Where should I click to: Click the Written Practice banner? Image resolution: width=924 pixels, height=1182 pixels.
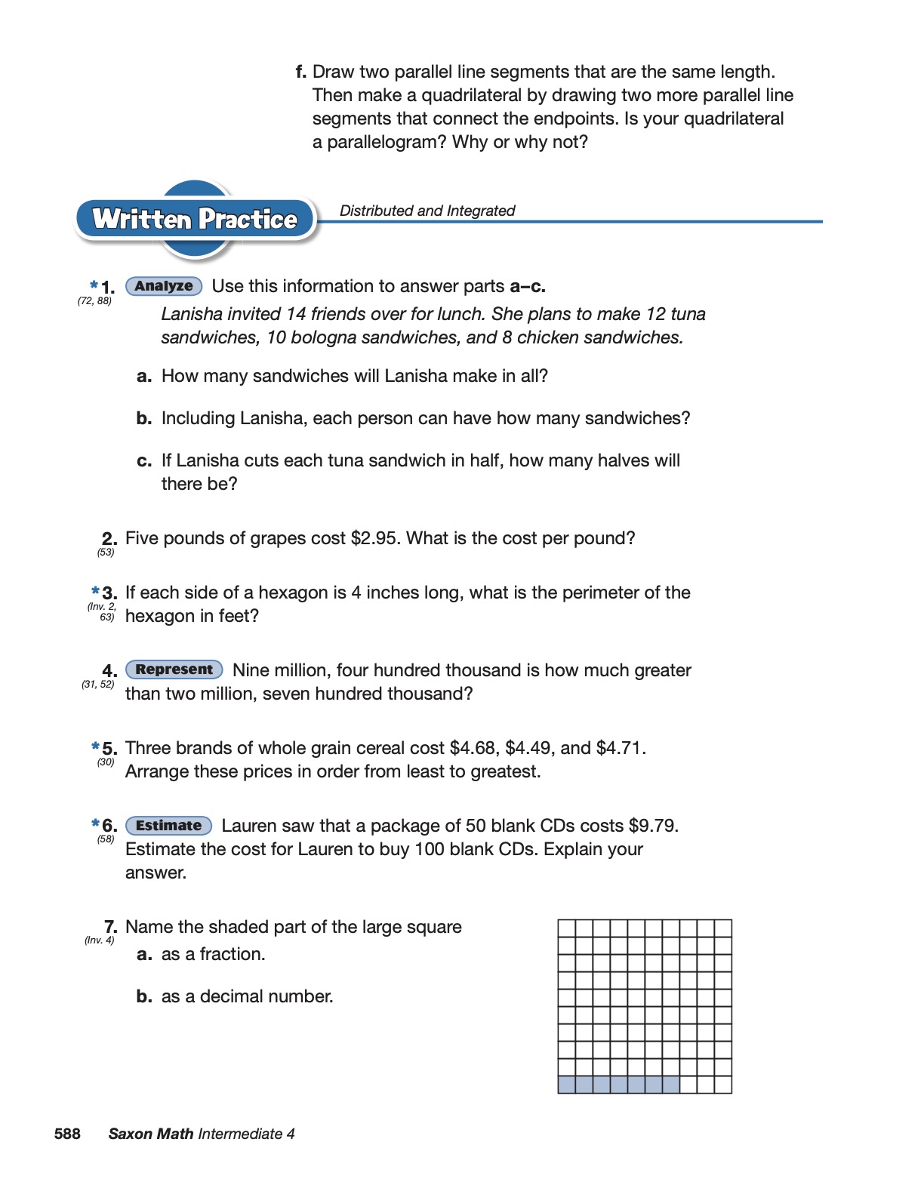tap(195, 219)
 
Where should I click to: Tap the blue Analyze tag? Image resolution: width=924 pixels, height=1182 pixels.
tap(164, 286)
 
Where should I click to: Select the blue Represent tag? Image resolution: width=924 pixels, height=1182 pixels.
tap(174, 669)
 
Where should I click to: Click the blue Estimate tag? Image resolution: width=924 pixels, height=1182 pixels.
tap(168, 826)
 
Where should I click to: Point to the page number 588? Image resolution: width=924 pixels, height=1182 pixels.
tap(67, 1134)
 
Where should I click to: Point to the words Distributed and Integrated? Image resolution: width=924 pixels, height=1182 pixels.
tap(427, 211)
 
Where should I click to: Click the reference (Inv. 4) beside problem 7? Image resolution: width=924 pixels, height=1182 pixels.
tap(99, 940)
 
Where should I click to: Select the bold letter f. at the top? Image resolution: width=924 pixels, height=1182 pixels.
tap(300, 72)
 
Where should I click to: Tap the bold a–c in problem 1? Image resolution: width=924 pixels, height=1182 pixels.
tap(527, 286)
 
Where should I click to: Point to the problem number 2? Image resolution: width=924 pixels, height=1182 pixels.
tap(109, 538)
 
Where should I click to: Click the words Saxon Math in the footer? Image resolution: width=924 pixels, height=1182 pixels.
tap(151, 1134)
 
